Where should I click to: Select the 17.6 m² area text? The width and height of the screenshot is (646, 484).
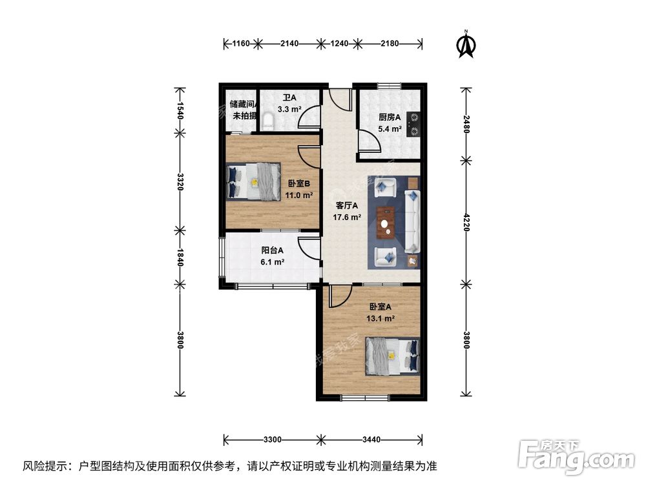coord(347,217)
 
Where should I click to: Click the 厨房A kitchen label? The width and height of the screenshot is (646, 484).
coord(390,117)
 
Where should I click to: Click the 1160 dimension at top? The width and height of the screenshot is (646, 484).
coord(240,44)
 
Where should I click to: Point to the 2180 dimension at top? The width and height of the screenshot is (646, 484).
coord(390,44)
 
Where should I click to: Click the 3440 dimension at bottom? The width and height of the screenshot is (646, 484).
coord(371,440)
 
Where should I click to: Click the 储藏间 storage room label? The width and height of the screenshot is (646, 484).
coord(244,103)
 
